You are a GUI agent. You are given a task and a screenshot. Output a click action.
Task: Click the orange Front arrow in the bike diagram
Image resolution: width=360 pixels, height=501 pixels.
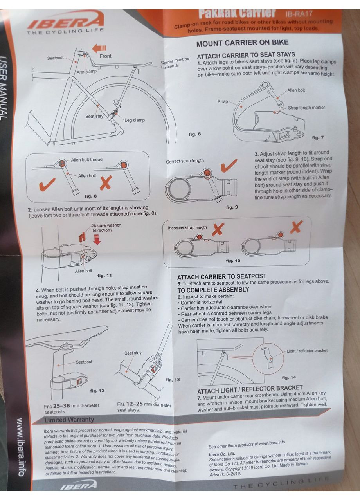click(99, 48)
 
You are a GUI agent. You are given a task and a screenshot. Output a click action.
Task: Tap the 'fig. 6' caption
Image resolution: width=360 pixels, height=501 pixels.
click(194, 134)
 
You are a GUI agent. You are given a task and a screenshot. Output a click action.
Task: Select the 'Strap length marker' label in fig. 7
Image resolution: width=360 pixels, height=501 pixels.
click(306, 108)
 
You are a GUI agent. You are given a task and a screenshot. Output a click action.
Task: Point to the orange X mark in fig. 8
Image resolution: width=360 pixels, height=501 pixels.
click(106, 182)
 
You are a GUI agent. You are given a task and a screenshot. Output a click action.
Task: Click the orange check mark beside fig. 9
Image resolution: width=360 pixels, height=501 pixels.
click(229, 166)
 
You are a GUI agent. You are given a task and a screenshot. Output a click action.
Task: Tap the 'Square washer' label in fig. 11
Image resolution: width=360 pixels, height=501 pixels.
click(106, 228)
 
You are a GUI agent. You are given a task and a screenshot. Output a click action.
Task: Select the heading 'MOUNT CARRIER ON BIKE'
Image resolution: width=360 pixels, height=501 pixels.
click(242, 43)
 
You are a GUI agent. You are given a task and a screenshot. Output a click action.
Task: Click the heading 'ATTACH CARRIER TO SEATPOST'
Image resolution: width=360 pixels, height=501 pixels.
click(221, 276)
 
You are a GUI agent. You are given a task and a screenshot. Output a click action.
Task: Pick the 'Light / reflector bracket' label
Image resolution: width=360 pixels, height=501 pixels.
click(307, 351)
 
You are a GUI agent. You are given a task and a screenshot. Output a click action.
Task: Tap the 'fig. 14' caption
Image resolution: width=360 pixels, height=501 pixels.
click(289, 377)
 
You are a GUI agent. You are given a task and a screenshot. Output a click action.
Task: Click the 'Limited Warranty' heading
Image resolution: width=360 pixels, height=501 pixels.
click(69, 420)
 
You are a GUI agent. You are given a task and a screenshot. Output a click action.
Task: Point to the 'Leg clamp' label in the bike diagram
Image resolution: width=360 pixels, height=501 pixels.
click(134, 120)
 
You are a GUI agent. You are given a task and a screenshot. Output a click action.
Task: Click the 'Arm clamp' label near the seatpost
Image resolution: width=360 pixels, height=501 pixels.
click(86, 72)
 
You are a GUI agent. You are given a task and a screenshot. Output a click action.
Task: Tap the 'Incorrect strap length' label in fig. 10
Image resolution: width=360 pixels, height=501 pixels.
click(187, 227)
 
